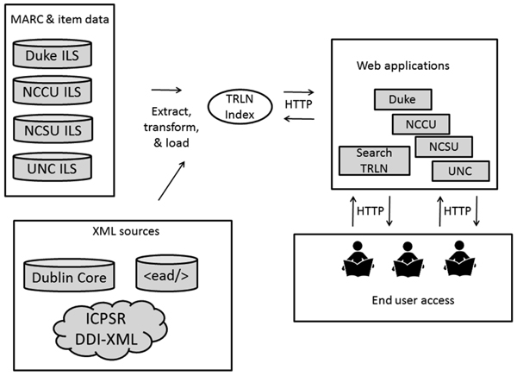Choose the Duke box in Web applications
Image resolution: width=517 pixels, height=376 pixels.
point(402,100)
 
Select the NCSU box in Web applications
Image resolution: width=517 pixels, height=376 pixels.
point(443,147)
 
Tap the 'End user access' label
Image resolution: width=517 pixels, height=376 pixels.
point(403,300)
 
